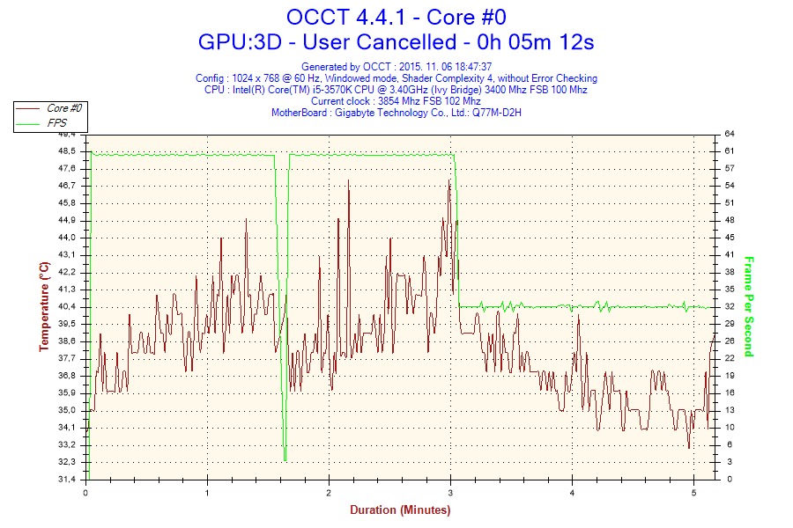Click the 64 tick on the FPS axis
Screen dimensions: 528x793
click(730, 134)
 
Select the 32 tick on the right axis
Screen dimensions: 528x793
click(730, 306)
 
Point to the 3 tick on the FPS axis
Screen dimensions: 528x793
click(728, 462)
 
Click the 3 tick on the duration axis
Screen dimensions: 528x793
click(451, 493)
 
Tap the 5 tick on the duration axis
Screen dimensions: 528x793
click(694, 493)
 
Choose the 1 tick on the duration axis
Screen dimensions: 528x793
click(208, 493)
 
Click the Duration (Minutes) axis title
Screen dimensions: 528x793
click(400, 510)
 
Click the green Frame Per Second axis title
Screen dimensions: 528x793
click(749, 306)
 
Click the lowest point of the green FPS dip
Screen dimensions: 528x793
click(285, 459)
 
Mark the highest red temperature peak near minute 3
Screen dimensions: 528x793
click(449, 180)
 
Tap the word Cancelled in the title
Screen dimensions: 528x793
click(411, 41)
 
